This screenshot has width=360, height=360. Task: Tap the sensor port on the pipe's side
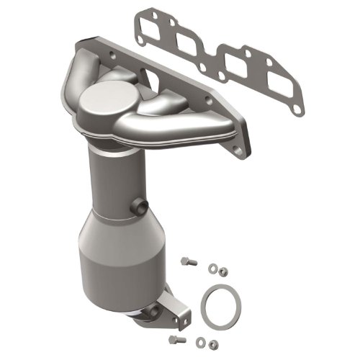134,210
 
